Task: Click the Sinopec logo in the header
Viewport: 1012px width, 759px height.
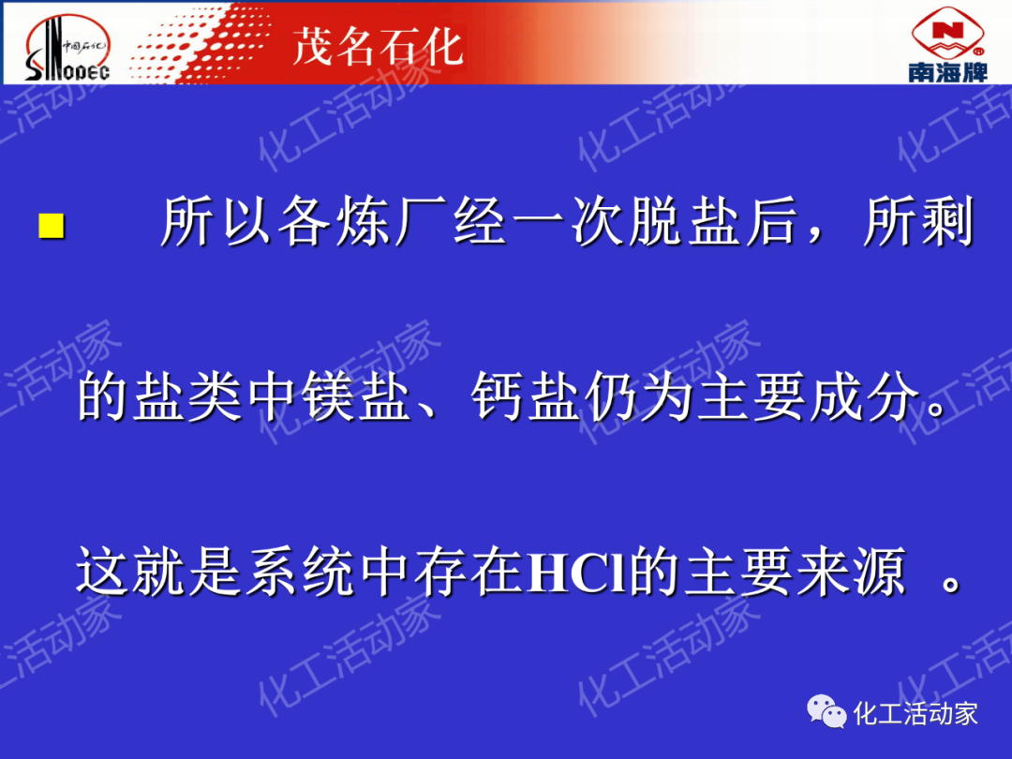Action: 67,48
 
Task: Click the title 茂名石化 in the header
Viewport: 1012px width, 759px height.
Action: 378,46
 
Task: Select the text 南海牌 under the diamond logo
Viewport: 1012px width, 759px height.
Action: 947,71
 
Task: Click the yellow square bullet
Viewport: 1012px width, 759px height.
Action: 51,226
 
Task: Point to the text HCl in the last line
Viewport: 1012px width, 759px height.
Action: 576,572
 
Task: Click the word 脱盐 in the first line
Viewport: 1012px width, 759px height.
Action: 658,221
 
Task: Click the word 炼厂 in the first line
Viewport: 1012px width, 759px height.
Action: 392,221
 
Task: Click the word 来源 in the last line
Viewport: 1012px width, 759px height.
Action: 851,572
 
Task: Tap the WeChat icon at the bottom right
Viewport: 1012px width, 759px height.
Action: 826,711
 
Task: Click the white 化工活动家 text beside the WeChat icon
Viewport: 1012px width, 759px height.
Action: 915,714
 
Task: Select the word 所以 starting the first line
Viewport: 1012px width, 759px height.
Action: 216,221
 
